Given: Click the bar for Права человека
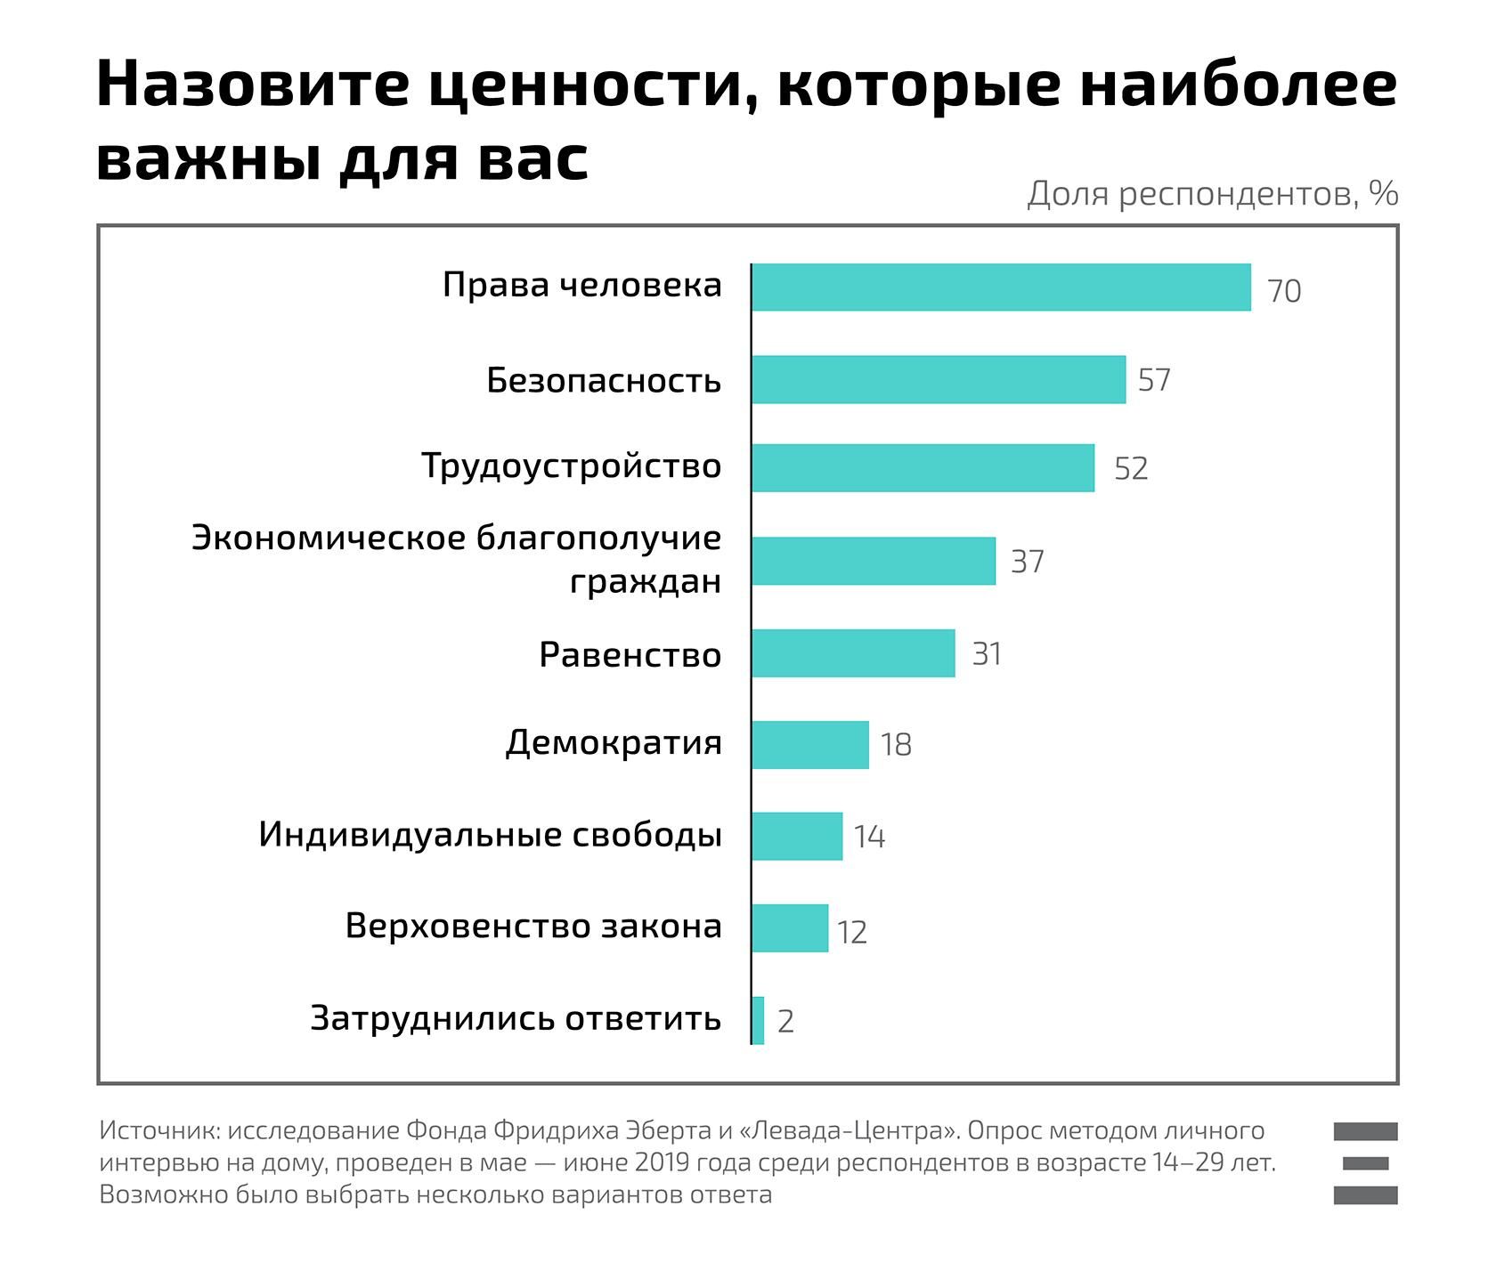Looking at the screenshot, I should [1001, 287].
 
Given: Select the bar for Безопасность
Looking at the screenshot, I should [939, 380].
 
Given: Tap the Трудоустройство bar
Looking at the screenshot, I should [923, 468].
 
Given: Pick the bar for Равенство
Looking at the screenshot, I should [853, 653].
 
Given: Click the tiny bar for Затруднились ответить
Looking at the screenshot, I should [758, 1020].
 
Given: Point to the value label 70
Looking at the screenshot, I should [1283, 291].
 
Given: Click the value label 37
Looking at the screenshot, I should [1027, 562].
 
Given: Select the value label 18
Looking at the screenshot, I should [896, 745].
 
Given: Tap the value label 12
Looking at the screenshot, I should [851, 932].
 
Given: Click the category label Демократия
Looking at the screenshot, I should [614, 742].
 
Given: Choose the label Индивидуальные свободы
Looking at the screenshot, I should [490, 835].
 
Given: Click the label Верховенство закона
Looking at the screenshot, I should [533, 927].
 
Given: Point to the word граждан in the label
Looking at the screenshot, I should [645, 582].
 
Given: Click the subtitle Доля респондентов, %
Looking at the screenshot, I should [1212, 193].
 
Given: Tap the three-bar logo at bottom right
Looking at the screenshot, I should [1365, 1163].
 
